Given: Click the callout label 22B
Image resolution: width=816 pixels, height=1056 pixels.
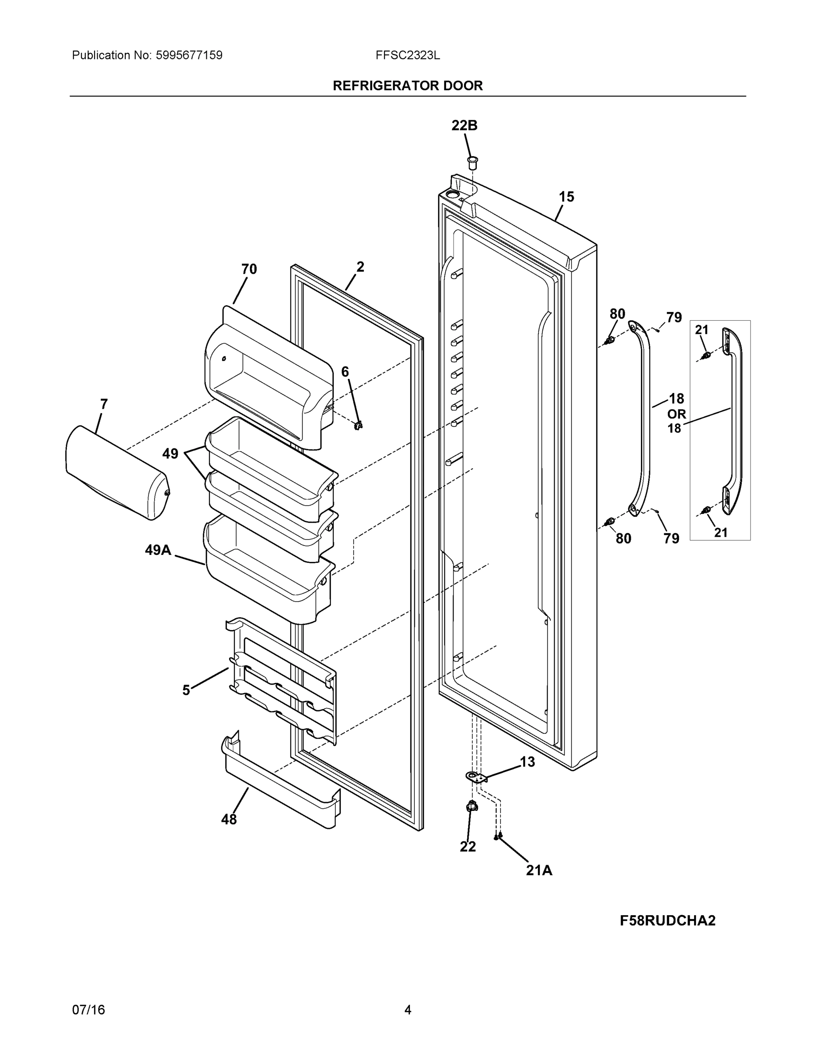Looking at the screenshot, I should tap(464, 125).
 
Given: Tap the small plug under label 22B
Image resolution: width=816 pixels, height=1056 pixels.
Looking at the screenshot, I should tap(472, 162).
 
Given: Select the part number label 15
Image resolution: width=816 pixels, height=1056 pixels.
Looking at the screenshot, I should tap(566, 197).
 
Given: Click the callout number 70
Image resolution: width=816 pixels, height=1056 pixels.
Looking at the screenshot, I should tap(249, 269).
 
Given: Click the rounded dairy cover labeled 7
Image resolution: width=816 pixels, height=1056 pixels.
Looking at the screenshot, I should tap(116, 473).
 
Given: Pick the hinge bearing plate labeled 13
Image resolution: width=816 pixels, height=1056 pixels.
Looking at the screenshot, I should tap(476, 777).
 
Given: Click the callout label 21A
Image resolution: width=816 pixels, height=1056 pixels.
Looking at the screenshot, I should tap(539, 870).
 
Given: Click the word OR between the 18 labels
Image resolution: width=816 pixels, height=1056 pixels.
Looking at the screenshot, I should tap(676, 414).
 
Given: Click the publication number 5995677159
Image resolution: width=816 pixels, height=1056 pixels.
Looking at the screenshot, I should tap(189, 55).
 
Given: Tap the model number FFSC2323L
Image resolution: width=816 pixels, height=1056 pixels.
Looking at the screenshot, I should tap(407, 55).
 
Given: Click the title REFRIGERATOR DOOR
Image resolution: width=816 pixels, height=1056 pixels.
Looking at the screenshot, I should tap(407, 86).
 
